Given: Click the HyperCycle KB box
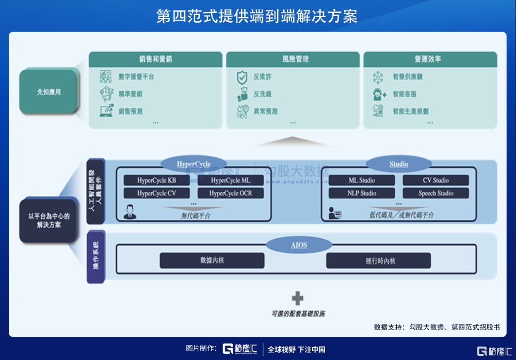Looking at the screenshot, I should [x=157, y=180].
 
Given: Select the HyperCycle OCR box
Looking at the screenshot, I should [x=231, y=193].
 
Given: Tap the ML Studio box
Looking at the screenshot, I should [x=362, y=180].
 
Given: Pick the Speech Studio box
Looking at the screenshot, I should [x=436, y=193].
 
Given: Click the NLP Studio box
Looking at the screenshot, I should [x=362, y=193].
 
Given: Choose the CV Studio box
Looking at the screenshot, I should [x=436, y=180].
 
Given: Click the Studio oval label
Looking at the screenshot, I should [x=398, y=164].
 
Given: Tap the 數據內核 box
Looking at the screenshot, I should [x=212, y=260].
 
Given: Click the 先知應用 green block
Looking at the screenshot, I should [x=49, y=92].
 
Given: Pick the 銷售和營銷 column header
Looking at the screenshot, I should [x=155, y=59].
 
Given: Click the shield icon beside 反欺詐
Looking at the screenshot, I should [x=241, y=77].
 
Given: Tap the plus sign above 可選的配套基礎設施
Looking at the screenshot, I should [x=298, y=298].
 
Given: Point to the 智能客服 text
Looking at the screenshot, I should [x=405, y=94].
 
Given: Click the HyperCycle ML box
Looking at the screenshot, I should [x=231, y=180].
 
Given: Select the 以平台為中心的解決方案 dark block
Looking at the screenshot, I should [x=49, y=221].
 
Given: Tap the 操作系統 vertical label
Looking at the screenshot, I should [x=96, y=257].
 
